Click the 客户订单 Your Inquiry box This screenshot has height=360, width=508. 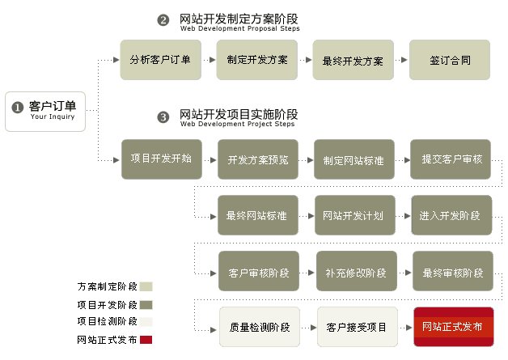click(44, 110)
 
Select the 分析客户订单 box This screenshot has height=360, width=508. click(160, 59)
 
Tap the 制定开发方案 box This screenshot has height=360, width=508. click(256, 59)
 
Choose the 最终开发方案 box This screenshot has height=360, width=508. click(353, 59)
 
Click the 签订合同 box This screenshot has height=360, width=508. click(449, 59)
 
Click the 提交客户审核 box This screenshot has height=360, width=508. click(451, 159)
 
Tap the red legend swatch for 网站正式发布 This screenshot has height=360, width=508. click(146, 340)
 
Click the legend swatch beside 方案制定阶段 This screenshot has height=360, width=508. click(146, 286)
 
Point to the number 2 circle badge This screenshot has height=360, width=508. click(163, 20)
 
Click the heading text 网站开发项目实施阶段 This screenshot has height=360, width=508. click(239, 114)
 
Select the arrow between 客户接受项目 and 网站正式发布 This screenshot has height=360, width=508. click(404, 327)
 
